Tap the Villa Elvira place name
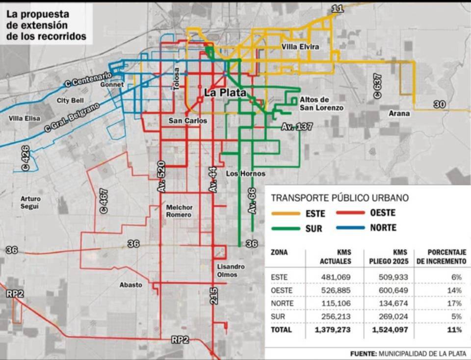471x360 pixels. point(300,47)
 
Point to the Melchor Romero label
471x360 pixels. point(179,211)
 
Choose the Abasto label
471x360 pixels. point(131,285)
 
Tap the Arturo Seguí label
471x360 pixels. point(30,203)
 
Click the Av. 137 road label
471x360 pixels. point(297,127)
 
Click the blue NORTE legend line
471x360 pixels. point(354,227)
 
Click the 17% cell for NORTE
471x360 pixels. point(455,304)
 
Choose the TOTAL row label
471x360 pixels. point(281,330)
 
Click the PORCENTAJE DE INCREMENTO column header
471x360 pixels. point(441,256)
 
